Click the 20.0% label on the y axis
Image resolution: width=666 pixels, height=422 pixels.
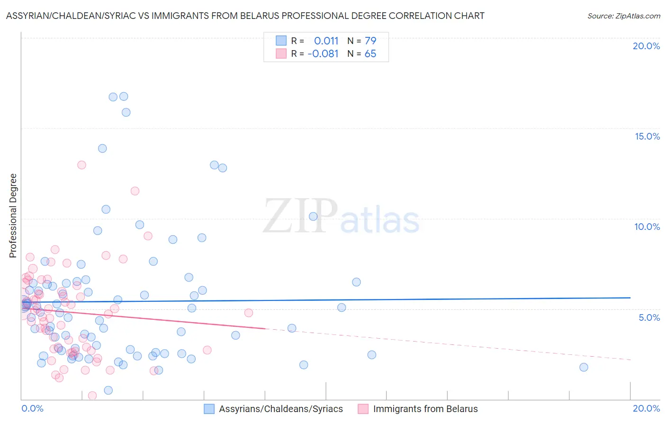coord(646,46)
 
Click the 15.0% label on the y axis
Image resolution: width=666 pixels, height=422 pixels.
coord(647,136)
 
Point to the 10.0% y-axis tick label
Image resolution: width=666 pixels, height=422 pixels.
coord(647,227)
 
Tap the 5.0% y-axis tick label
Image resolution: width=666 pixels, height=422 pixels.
coord(649,317)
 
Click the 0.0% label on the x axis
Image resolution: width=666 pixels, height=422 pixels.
coord(32,408)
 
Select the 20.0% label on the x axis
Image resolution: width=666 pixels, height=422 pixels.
coord(646,408)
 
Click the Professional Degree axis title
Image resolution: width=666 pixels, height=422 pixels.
coord(13,216)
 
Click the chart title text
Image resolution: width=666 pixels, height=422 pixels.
coord(245,16)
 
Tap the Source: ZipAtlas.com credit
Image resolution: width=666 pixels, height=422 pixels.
coord(623,16)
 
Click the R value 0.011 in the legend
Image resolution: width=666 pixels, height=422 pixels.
coord(326,41)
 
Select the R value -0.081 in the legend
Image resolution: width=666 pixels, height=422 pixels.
coord(323,54)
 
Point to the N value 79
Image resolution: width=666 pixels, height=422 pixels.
coord(370,41)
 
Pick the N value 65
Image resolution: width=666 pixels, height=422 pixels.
coord(370,54)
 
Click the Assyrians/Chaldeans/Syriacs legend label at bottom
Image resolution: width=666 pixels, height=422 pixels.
coord(280,409)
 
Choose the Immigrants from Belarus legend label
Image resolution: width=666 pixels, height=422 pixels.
coord(425,409)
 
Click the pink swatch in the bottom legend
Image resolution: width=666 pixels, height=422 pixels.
coord(363,409)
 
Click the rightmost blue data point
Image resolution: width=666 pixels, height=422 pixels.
coord(584,367)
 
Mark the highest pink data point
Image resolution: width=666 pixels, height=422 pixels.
coord(81,165)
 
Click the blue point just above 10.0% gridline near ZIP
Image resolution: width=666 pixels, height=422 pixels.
coord(313,216)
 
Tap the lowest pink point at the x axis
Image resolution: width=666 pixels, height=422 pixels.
coord(92,396)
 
